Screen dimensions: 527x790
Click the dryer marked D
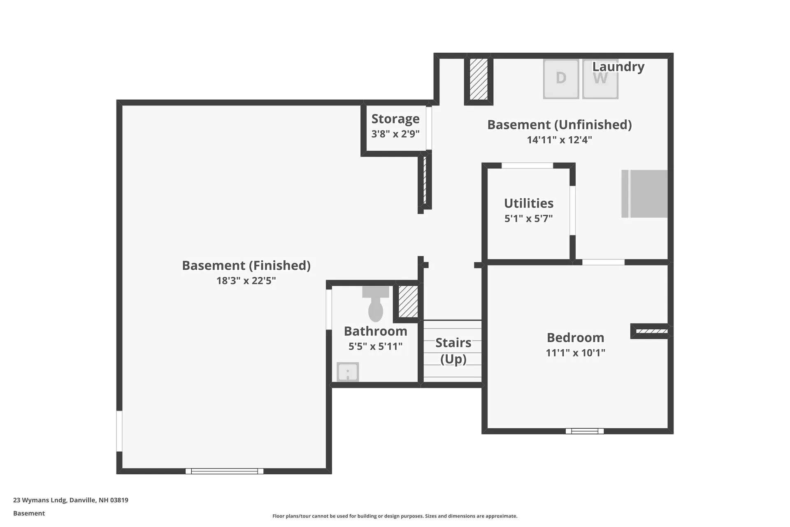pyautogui.click(x=561, y=79)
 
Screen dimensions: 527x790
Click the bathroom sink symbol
pyautogui.click(x=348, y=372)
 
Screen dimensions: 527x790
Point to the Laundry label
pyautogui.click(x=618, y=67)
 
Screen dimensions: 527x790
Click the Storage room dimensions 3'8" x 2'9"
pyautogui.click(x=395, y=134)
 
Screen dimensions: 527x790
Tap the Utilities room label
pyautogui.click(x=529, y=203)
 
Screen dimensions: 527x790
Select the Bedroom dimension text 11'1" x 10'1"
pyautogui.click(x=575, y=353)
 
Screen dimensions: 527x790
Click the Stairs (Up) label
pyautogui.click(x=453, y=351)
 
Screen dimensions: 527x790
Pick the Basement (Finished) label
pyautogui.click(x=246, y=266)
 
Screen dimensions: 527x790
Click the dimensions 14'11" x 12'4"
pyautogui.click(x=559, y=140)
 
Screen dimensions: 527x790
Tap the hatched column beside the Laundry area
pyautogui.click(x=479, y=79)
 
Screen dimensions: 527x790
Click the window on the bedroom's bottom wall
pyautogui.click(x=584, y=431)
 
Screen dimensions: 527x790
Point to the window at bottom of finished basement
pyautogui.click(x=224, y=471)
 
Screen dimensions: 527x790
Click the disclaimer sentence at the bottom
pyautogui.click(x=395, y=516)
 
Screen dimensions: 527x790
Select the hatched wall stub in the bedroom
pyautogui.click(x=651, y=331)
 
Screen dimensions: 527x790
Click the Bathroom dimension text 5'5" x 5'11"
pyautogui.click(x=375, y=347)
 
